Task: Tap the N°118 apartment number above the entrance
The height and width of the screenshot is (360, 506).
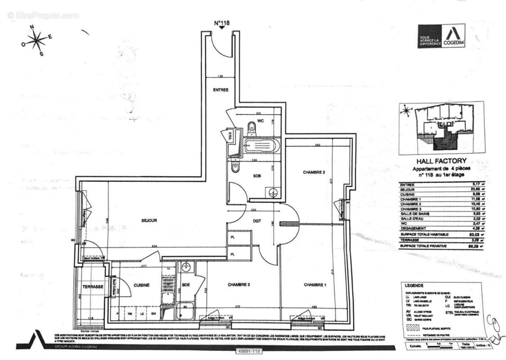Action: tap(221, 23)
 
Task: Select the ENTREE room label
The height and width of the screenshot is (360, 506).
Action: tap(221, 90)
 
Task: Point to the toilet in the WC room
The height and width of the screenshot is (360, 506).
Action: tap(252, 129)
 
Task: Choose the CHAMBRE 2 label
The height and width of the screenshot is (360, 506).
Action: tap(314, 172)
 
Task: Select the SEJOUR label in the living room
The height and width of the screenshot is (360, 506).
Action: tap(149, 220)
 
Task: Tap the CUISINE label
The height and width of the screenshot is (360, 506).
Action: tap(141, 285)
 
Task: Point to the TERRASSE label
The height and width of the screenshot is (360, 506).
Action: tap(93, 287)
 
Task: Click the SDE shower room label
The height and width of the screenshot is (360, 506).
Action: tap(185, 285)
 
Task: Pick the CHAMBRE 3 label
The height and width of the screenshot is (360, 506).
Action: tap(239, 285)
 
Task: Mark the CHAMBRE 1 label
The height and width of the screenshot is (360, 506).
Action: tap(315, 285)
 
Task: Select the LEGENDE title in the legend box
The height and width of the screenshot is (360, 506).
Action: tap(414, 285)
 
